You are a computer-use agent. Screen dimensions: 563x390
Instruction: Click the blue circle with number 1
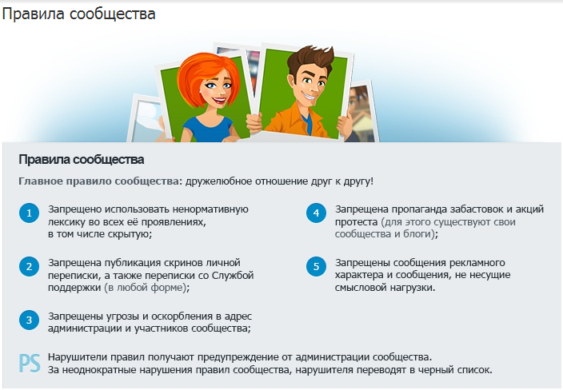(x=29, y=213)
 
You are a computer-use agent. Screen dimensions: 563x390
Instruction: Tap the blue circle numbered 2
(x=29, y=267)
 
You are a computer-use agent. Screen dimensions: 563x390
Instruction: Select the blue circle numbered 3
(x=29, y=320)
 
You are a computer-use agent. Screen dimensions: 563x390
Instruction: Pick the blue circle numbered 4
(x=317, y=213)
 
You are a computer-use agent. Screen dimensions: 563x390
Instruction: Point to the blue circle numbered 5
(x=317, y=267)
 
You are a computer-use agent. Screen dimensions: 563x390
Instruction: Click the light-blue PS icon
(x=30, y=364)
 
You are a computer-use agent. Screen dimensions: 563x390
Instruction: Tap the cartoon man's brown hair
(x=309, y=58)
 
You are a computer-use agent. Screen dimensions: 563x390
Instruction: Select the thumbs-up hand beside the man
(x=345, y=124)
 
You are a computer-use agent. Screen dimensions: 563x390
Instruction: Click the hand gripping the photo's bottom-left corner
(x=254, y=123)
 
